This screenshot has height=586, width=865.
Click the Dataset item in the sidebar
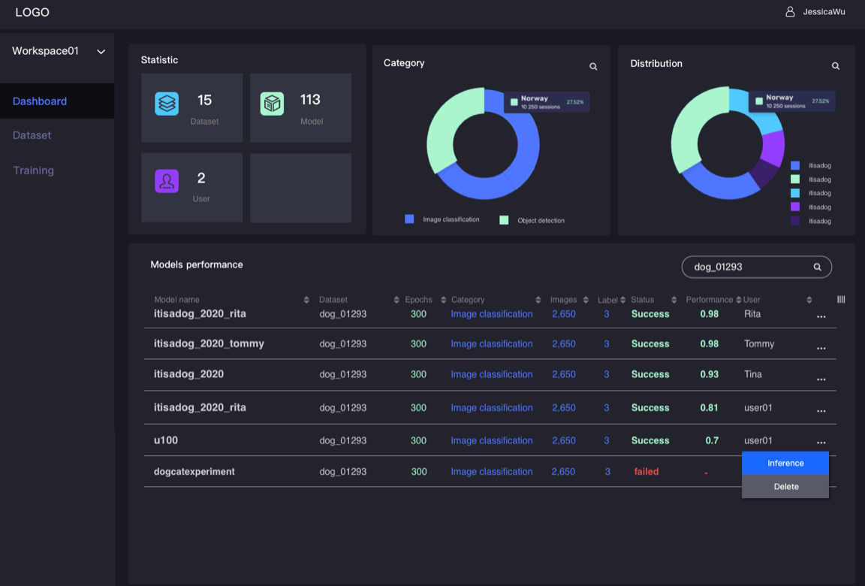tap(32, 135)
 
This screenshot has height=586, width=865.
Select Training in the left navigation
tap(34, 171)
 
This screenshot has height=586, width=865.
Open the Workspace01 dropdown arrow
tap(101, 52)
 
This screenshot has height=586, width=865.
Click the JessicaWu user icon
tap(790, 11)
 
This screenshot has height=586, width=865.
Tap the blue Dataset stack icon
tap(167, 104)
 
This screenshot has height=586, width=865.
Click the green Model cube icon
tap(272, 104)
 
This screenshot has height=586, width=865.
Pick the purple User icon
tap(167, 181)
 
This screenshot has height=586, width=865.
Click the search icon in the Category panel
tap(593, 66)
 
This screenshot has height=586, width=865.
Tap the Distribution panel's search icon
tap(835, 65)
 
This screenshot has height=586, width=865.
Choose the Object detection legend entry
tap(532, 220)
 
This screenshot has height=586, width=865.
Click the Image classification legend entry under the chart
tap(442, 219)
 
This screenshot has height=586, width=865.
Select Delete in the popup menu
tap(785, 487)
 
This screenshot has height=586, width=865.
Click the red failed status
tap(646, 472)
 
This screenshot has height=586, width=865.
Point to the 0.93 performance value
tap(710, 374)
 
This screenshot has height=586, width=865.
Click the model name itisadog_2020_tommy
tap(209, 344)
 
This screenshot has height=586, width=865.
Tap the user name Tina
tap(753, 374)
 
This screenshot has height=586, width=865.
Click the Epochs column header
tap(419, 300)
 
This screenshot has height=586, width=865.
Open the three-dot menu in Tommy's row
tap(821, 348)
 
